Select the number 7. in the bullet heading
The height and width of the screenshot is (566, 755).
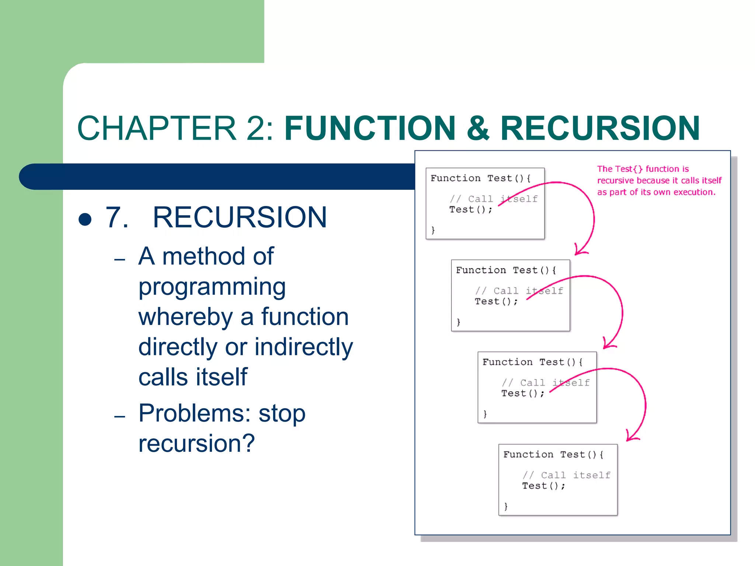pyautogui.click(x=117, y=217)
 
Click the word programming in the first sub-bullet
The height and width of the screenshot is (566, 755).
pyautogui.click(x=212, y=287)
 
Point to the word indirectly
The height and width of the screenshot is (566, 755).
pyautogui.click(x=303, y=347)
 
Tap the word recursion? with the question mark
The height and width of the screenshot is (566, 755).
pyautogui.click(x=196, y=443)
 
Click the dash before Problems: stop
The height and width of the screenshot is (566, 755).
pyautogui.click(x=120, y=417)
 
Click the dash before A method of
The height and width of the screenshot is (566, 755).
pyautogui.click(x=120, y=260)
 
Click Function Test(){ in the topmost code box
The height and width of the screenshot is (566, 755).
pyautogui.click(x=480, y=178)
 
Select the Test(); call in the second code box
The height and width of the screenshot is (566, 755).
pyautogui.click(x=496, y=301)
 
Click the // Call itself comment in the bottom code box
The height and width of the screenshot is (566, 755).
pyautogui.click(x=567, y=475)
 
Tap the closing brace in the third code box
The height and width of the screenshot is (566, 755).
pyautogui.click(x=485, y=414)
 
